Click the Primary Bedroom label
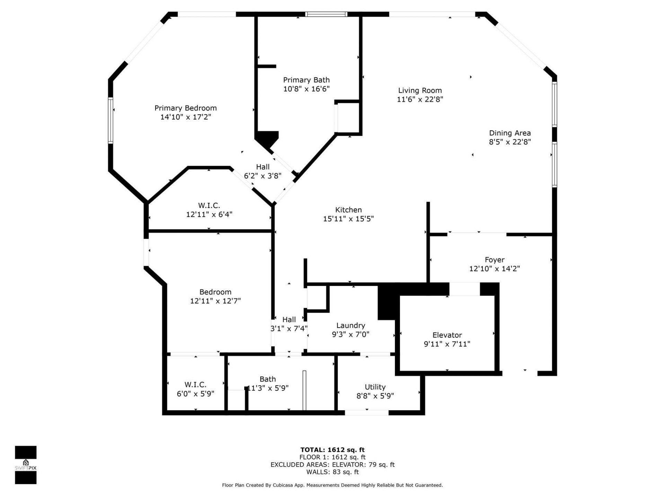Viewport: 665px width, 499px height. point(185,108)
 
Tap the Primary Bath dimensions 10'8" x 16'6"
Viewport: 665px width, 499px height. point(306,89)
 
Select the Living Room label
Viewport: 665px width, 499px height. point(420,90)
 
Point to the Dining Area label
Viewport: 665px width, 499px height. point(509,133)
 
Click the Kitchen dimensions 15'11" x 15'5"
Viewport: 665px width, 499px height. point(348,219)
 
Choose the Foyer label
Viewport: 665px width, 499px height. point(494,260)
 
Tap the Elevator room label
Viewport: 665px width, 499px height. point(447,335)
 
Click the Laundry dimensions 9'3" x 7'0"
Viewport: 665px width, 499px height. point(351,334)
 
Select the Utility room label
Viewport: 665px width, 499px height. point(375,387)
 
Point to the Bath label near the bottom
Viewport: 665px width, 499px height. point(268,379)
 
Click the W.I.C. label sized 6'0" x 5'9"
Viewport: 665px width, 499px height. point(195,385)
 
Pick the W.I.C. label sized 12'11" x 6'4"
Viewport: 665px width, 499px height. point(209,205)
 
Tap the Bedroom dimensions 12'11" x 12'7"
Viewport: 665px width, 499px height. point(215,301)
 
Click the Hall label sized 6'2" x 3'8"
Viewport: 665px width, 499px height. point(263,167)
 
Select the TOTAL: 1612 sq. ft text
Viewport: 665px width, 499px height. point(332,450)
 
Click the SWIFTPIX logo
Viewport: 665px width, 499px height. point(26,465)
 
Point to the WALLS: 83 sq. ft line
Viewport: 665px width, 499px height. point(332,472)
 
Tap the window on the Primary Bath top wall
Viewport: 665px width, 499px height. point(326,14)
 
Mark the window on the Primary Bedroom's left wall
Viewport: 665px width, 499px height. point(110,120)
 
